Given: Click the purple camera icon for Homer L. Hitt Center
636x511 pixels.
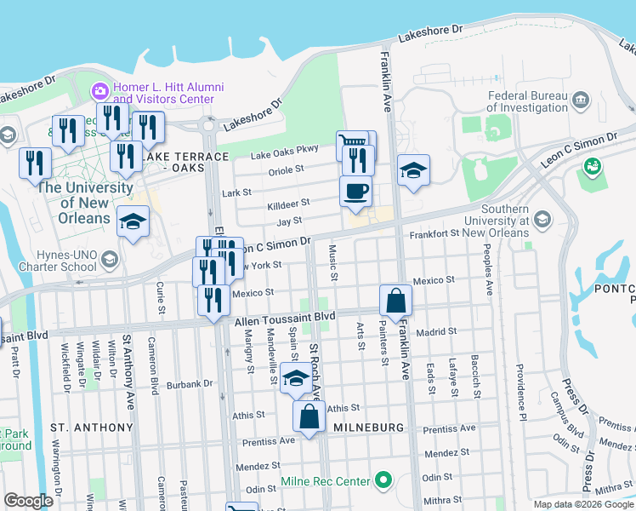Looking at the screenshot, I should (x=100, y=89).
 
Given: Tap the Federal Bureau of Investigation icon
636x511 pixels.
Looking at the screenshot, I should (x=581, y=100).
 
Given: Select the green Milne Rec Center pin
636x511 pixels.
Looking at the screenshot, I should (x=383, y=481).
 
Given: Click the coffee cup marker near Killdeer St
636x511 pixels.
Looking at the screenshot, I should (x=355, y=191).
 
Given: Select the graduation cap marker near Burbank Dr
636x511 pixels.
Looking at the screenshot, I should (x=295, y=378).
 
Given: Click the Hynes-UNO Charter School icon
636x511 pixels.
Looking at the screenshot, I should (x=109, y=259).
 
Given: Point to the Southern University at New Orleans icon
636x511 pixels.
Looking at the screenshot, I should (x=543, y=221).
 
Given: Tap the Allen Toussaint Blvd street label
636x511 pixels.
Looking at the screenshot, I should (x=285, y=316).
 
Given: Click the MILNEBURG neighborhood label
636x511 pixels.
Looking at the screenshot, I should (x=366, y=426).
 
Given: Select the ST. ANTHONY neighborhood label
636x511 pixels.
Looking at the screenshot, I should (x=92, y=427).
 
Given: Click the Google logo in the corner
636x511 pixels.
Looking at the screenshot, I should (x=28, y=501).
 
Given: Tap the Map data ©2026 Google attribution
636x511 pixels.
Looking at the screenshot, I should (x=582, y=504).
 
